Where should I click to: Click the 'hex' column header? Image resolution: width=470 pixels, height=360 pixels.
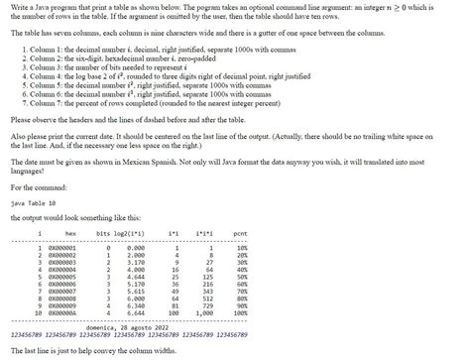[69, 233]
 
